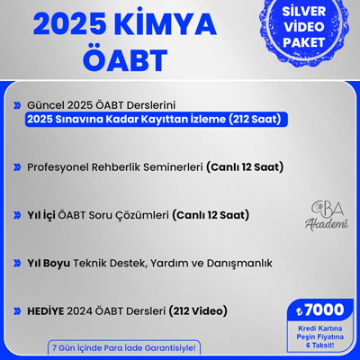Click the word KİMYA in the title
point(164,24)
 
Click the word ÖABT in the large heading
point(125,59)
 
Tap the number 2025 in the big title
point(69,25)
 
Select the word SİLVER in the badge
point(304,12)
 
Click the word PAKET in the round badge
point(304,42)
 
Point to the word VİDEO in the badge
point(304,27)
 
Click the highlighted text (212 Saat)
point(255,120)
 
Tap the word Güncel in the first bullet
point(46,105)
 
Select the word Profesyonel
point(58,167)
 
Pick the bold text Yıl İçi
point(41,215)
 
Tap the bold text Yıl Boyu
point(49,264)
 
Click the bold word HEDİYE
point(46,311)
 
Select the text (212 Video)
point(198,311)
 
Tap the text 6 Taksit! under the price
point(320,346)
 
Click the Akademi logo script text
point(327,224)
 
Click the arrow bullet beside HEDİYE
point(17,311)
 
